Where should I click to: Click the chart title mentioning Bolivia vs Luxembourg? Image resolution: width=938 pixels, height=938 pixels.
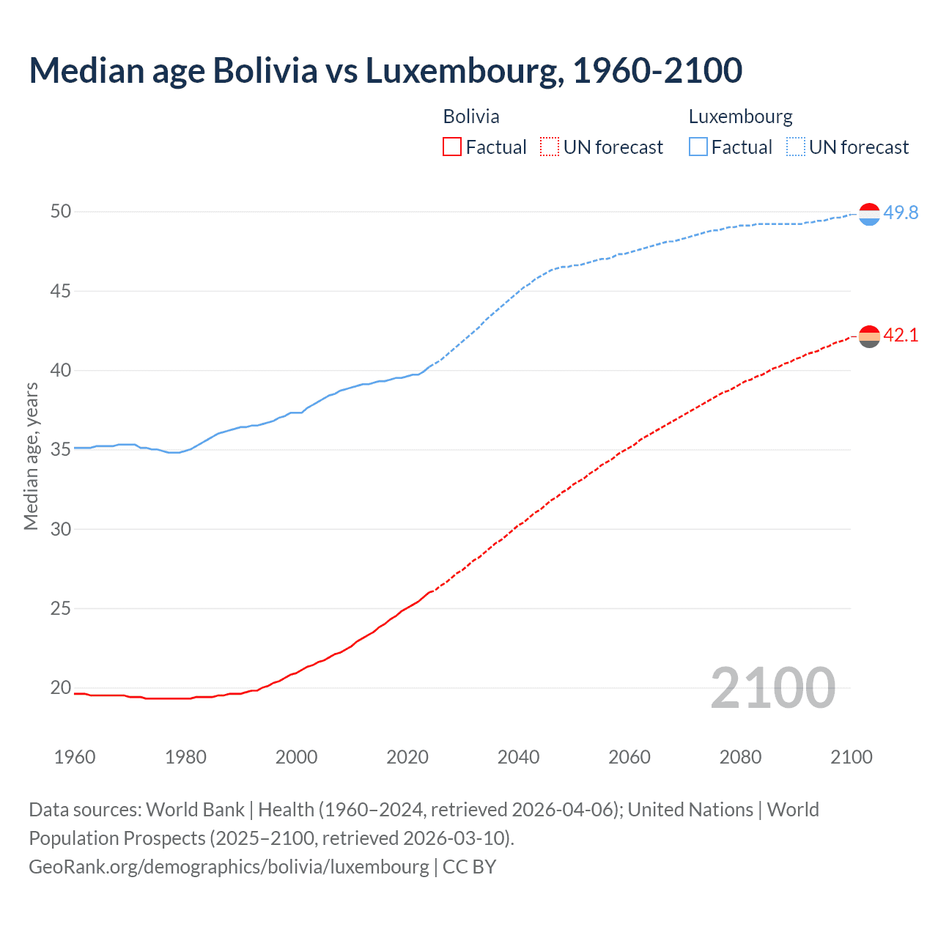pos(385,70)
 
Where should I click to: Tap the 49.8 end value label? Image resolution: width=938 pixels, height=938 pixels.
pos(901,213)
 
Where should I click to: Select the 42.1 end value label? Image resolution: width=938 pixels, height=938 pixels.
pos(901,336)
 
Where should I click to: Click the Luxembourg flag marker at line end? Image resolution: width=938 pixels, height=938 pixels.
pos(869,214)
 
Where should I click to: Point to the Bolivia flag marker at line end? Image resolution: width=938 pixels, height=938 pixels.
pos(869,337)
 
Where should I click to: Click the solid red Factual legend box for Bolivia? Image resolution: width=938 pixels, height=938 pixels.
pos(452,147)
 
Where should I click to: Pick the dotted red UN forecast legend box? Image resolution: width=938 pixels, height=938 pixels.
pos(550,147)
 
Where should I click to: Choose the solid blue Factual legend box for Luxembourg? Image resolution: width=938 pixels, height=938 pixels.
pos(698,147)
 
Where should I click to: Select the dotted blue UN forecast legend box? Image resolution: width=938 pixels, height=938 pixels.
pos(796,147)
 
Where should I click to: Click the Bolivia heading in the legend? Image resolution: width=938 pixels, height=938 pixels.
pos(471,117)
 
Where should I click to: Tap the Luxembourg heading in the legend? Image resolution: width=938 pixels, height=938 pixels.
pos(740,117)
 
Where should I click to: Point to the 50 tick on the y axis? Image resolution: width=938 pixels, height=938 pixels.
pos(61,212)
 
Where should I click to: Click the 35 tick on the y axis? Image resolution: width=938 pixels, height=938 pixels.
pos(61,449)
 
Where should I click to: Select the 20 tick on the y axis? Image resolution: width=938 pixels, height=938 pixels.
pos(61,687)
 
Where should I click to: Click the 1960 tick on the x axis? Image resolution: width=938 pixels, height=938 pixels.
pos(75,757)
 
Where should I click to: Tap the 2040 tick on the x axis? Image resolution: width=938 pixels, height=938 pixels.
pos(518,757)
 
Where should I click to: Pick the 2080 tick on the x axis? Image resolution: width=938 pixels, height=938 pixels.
pos(740,757)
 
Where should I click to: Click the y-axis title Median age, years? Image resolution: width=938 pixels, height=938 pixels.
pos(31,456)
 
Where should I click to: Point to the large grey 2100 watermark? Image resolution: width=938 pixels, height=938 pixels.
pos(772,687)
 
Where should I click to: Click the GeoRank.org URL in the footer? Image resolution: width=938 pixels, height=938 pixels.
pos(229,867)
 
